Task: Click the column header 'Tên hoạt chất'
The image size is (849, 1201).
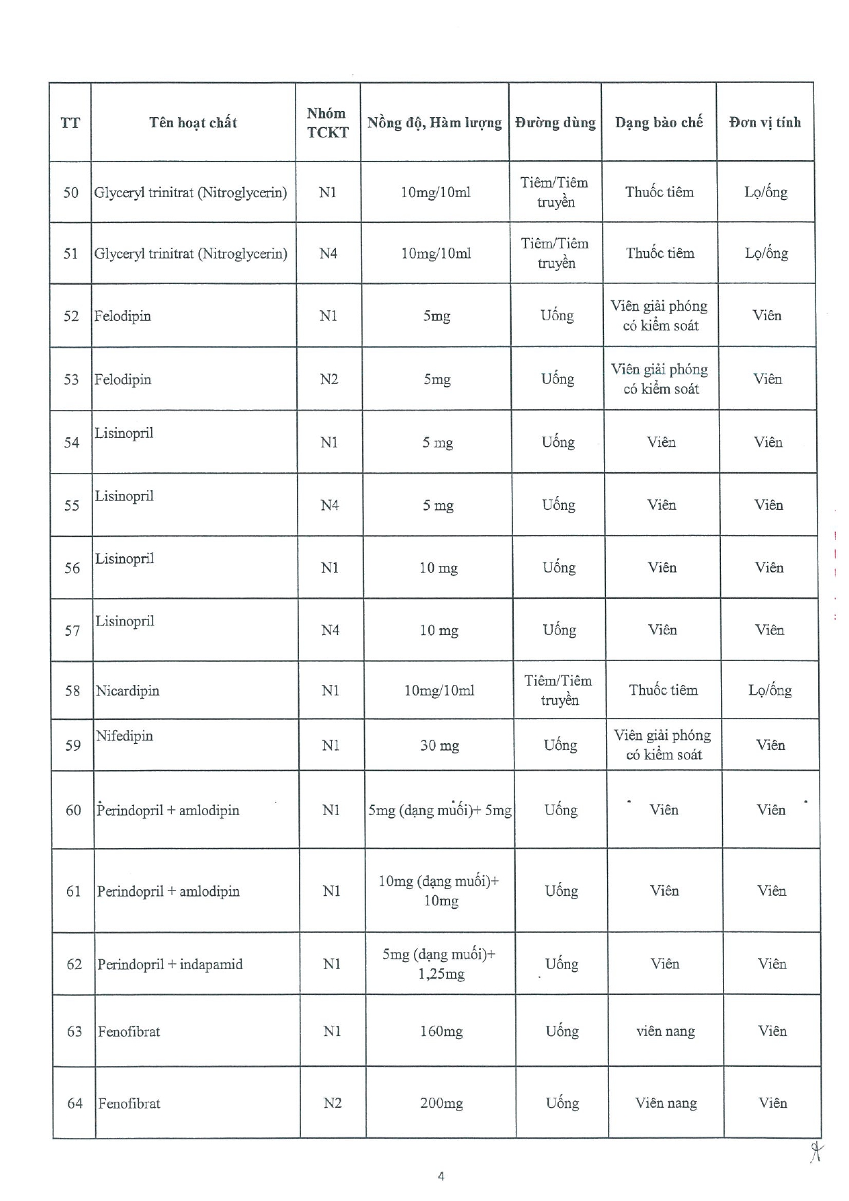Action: pyautogui.click(x=193, y=123)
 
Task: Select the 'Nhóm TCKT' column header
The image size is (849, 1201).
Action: pyautogui.click(x=327, y=123)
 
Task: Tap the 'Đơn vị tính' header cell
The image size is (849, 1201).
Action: pyautogui.click(x=765, y=123)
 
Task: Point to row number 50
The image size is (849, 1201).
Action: pyautogui.click(x=71, y=193)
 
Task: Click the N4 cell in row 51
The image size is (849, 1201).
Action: pyautogui.click(x=328, y=254)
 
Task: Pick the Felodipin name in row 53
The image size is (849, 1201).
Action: pyautogui.click(x=123, y=380)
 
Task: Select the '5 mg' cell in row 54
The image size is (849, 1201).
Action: pyautogui.click(x=438, y=443)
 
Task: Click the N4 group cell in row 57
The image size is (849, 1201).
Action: pyautogui.click(x=330, y=630)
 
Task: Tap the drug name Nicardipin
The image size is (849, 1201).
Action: pyautogui.click(x=128, y=691)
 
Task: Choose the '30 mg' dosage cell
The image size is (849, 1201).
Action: pyautogui.click(x=439, y=745)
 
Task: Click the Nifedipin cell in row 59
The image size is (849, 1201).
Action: pyautogui.click(x=125, y=736)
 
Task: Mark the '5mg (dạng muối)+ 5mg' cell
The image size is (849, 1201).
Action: pyautogui.click(x=440, y=811)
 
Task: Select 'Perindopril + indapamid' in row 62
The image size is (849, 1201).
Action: pyautogui.click(x=170, y=965)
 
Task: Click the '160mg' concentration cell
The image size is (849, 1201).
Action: pyautogui.click(x=441, y=1031)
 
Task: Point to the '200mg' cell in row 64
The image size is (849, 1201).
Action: pyautogui.click(x=441, y=1103)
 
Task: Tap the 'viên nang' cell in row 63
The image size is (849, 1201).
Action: pyautogui.click(x=665, y=1031)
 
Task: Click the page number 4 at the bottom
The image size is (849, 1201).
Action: pyautogui.click(x=441, y=1176)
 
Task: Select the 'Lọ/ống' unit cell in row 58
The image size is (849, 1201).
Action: pyautogui.click(x=770, y=690)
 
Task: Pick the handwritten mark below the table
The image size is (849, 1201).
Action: pyautogui.click(x=815, y=1152)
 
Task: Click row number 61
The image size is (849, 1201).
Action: pyautogui.click(x=74, y=892)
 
